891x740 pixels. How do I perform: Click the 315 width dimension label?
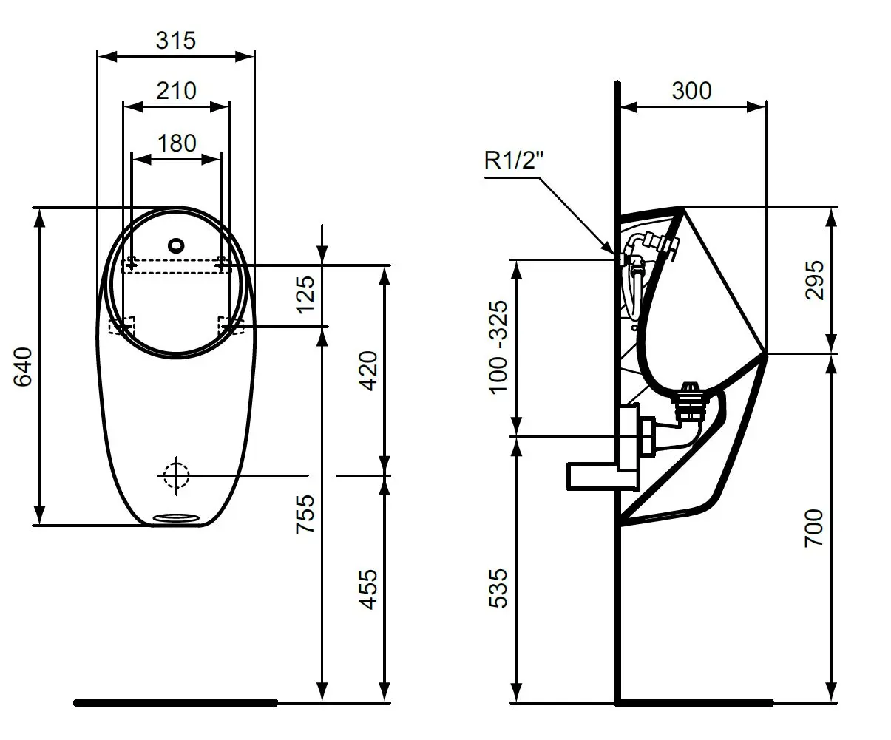pos(176,40)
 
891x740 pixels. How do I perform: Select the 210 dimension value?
pos(176,90)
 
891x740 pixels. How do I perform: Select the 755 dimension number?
pos(305,513)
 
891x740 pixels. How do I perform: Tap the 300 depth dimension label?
pos(691,90)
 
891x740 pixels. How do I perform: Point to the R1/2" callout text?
pos(514,160)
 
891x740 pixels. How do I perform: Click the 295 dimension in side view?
pos(813,279)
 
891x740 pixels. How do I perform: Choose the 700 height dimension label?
pos(813,528)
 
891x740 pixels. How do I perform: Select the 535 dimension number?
pos(500,588)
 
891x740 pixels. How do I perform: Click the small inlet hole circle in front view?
pos(176,245)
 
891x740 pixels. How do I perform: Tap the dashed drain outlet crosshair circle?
pos(176,475)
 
